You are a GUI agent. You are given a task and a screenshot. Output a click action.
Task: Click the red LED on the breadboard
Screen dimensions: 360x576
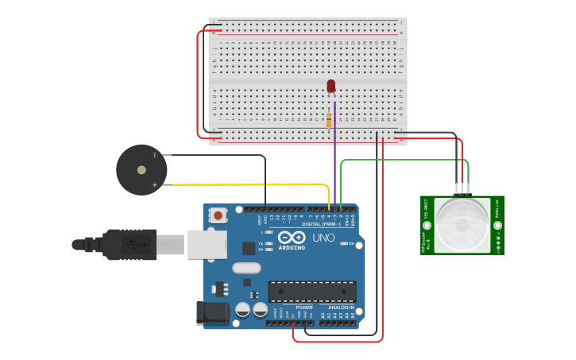pos(331,86)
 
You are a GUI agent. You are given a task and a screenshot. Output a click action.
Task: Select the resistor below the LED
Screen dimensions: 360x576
pos(329,120)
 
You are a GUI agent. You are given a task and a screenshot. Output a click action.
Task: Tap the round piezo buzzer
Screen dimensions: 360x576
pos(141,169)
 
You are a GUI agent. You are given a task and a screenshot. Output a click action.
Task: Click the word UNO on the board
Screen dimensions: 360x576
pos(323,238)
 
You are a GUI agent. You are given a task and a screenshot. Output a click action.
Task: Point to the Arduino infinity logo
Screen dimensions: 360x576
pos(291,238)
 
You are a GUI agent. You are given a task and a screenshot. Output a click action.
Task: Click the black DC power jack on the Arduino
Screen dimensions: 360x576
pos(212,312)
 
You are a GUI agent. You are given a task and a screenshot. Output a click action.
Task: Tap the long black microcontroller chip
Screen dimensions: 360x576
pos(311,292)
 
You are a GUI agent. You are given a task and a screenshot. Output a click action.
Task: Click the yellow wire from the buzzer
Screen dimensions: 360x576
pos(246,185)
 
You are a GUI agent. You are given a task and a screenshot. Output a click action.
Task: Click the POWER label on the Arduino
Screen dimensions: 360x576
pos(304,308)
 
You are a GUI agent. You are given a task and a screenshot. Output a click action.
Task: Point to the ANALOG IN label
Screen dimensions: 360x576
pos(341,308)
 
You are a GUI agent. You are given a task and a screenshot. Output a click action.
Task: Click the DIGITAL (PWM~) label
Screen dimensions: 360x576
pos(321,224)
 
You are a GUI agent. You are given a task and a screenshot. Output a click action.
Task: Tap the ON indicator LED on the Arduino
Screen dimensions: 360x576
pos(344,243)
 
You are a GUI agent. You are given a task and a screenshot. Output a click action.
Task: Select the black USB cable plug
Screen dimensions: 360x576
pos(127,244)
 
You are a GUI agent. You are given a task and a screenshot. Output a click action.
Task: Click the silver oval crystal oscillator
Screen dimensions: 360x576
pos(246,268)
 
